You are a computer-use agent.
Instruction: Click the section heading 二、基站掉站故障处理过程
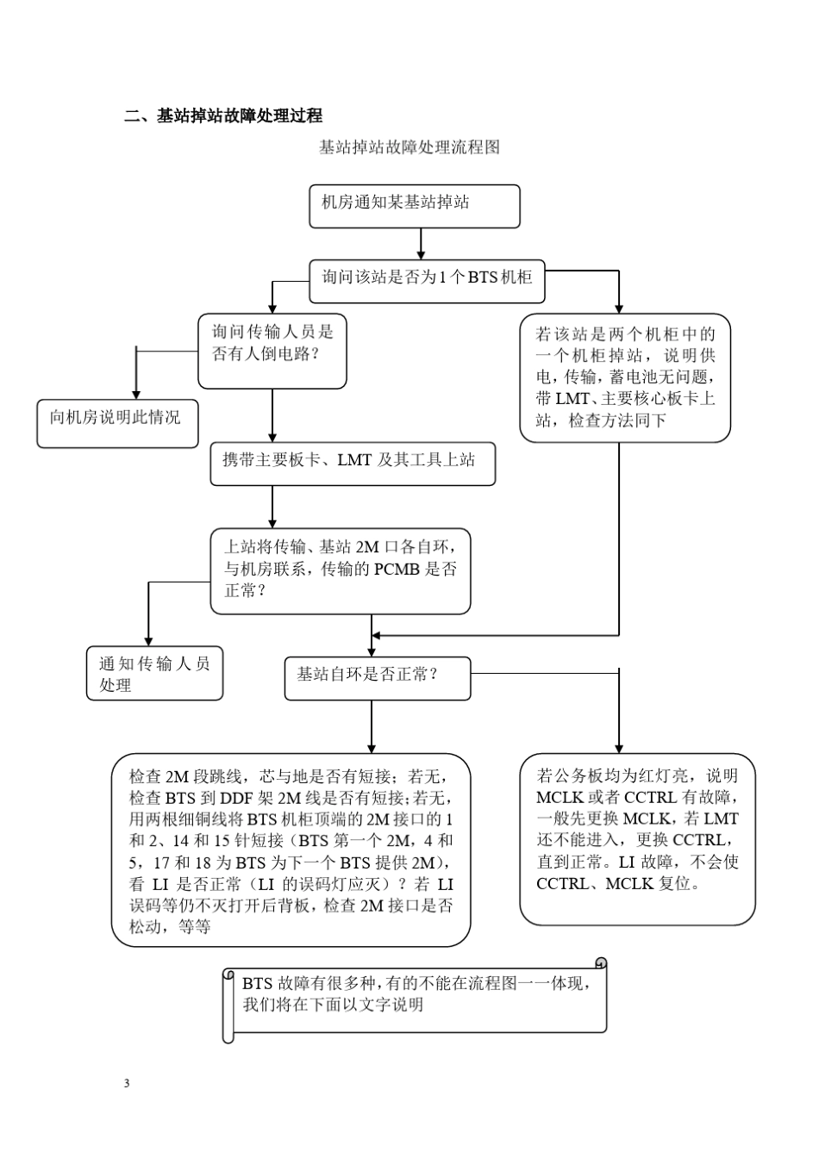[223, 116]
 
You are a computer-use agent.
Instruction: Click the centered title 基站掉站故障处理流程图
[409, 147]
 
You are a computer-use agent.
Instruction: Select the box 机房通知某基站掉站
[415, 206]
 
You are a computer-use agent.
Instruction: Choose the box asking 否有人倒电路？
[272, 352]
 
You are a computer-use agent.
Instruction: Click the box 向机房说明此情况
[117, 423]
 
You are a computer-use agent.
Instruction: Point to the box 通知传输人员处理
[154, 673]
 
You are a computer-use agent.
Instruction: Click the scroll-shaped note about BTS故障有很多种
[415, 999]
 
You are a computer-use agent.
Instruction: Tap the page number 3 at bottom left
[127, 1083]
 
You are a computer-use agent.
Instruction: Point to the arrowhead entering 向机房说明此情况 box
[135, 394]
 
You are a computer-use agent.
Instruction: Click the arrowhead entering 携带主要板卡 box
[272, 438]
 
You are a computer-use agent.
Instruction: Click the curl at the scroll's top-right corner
[601, 963]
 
